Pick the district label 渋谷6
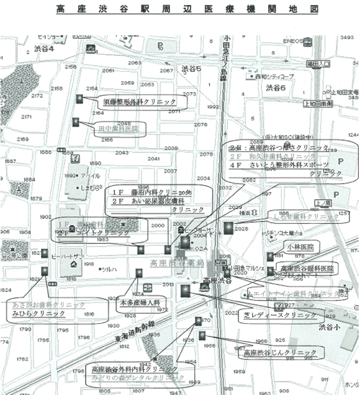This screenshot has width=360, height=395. coord(276,88)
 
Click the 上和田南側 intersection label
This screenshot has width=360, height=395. coord(338,103)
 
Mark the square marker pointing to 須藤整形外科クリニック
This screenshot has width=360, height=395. coord(80,99)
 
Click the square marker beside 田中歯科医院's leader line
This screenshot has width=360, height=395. coord(76,122)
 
